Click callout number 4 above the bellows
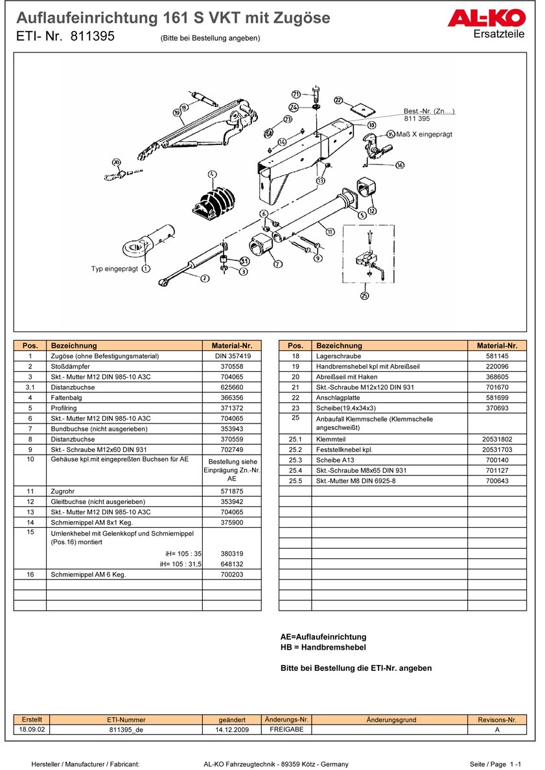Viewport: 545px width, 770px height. [x=211, y=174]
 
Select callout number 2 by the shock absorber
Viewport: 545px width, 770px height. [x=204, y=279]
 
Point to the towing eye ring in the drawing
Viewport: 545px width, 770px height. [x=137, y=248]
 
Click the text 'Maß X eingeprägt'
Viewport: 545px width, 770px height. [x=424, y=134]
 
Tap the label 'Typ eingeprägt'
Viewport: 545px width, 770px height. [x=115, y=268]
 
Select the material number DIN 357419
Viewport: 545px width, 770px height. [x=231, y=356]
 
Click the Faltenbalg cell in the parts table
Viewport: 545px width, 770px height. [x=66, y=398]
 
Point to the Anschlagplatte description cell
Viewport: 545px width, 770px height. [x=338, y=398]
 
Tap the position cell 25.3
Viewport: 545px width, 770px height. [x=295, y=460]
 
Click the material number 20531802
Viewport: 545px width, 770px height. [x=497, y=439]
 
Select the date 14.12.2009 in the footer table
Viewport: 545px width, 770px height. [x=231, y=729]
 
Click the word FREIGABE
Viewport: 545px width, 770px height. [x=286, y=729]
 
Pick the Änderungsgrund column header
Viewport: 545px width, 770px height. [x=391, y=719]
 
